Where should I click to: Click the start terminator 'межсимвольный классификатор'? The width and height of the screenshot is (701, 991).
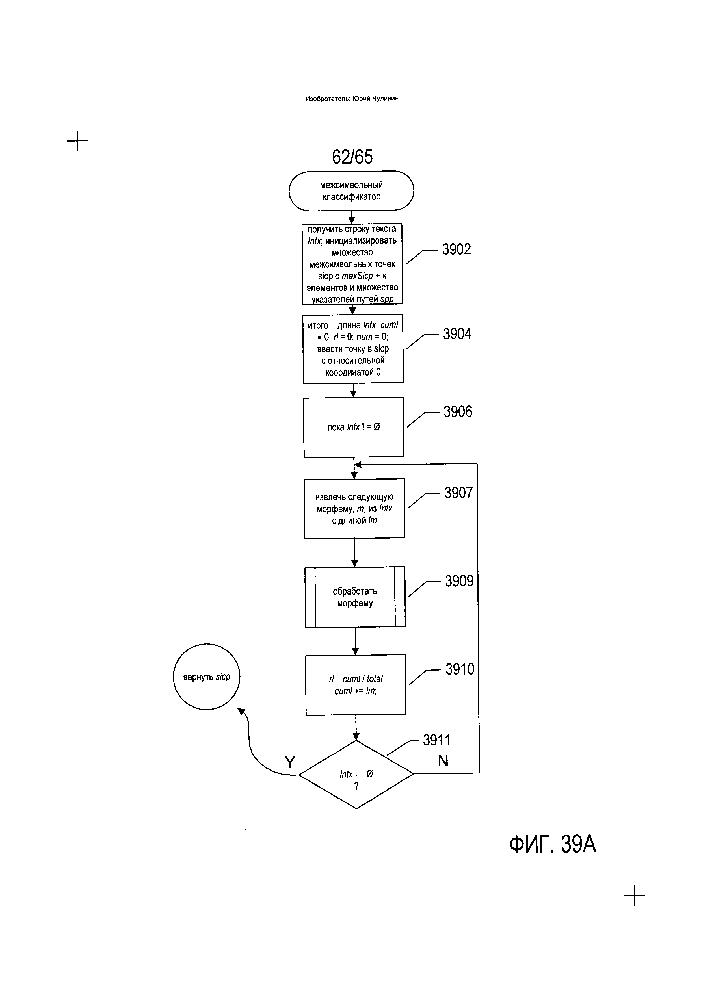(x=351, y=190)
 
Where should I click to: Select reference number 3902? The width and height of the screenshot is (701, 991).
(x=456, y=250)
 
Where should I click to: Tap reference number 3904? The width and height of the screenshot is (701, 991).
(x=457, y=334)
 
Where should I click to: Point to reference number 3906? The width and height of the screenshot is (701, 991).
(x=458, y=412)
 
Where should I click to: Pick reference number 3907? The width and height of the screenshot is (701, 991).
(x=459, y=493)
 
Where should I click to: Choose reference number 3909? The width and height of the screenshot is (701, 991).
(x=459, y=581)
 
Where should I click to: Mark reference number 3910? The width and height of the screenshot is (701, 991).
(x=460, y=669)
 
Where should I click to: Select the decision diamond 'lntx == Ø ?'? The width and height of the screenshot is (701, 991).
(x=356, y=774)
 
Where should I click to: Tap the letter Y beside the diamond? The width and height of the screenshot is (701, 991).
(x=290, y=763)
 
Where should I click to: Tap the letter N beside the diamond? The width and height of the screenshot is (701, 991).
(x=443, y=760)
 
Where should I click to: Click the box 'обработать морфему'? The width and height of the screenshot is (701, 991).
(x=355, y=597)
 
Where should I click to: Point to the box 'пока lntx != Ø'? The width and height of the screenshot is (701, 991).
(x=354, y=427)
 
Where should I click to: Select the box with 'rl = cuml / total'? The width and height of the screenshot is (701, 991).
(x=356, y=685)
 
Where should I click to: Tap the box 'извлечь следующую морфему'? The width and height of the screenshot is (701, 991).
(x=354, y=508)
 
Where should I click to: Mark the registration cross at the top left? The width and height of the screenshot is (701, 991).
(x=77, y=141)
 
